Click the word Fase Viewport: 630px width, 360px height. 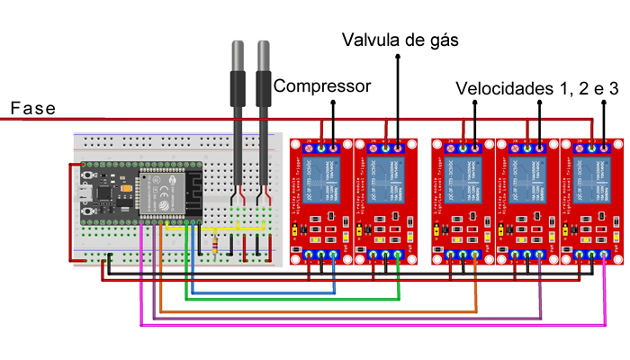32,108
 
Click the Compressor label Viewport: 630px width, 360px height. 322,86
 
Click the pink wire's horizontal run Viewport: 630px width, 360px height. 360,324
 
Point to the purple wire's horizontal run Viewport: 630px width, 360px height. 360,318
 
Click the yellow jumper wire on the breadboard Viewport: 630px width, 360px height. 236,229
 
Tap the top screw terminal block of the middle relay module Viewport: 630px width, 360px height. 463,147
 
